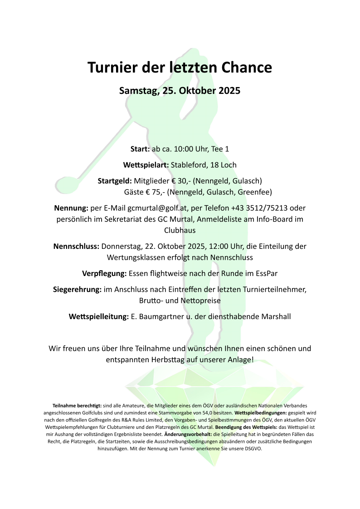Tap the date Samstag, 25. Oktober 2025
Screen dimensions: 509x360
coord(180,90)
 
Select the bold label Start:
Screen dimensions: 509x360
coord(140,149)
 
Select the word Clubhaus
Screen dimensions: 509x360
coord(180,230)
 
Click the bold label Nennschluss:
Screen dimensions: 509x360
coord(76,247)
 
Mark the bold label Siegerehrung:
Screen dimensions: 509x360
coord(77,289)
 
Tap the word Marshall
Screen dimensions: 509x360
coord(276,316)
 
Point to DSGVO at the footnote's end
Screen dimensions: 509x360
coord(253,449)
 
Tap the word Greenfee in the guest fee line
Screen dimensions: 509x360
coord(256,192)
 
